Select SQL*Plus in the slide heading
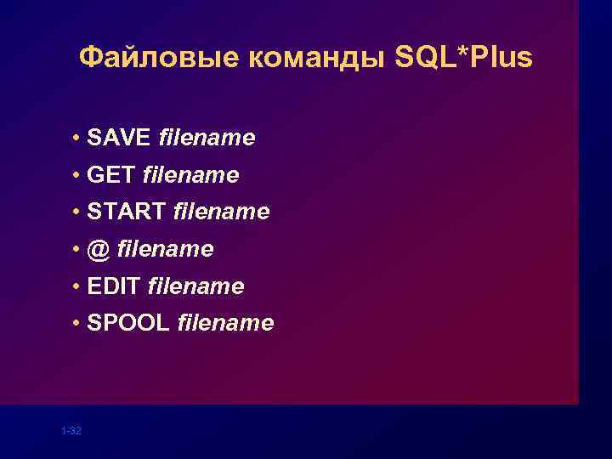tap(464, 58)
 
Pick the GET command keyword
tap(111, 175)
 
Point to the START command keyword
tap(127, 212)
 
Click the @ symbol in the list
tap(99, 249)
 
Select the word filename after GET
tap(191, 175)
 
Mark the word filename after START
tap(221, 212)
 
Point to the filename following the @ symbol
tap(165, 249)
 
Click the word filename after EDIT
tap(195, 286)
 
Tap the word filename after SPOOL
tap(225, 323)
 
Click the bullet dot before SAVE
tap(76, 139)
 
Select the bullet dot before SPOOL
tap(76, 324)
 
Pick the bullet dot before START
tap(76, 212)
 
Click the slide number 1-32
tap(71, 432)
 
